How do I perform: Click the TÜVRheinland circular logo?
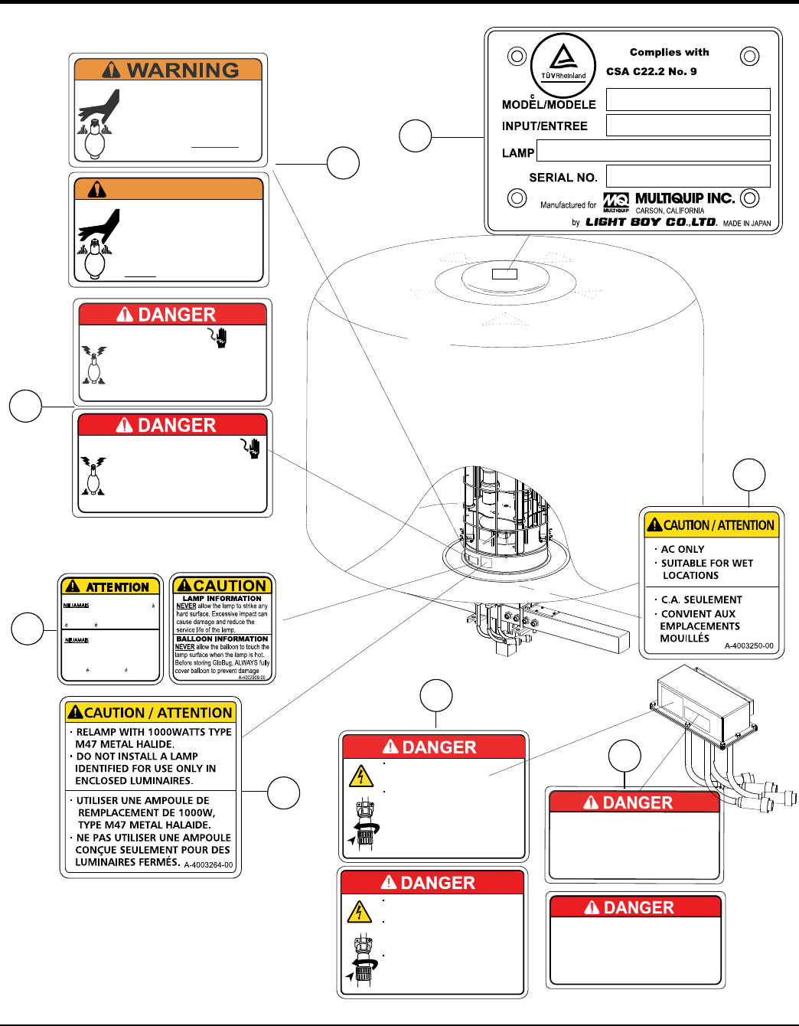point(563,65)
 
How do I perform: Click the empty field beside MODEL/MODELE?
point(687,100)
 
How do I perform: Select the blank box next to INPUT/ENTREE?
point(687,125)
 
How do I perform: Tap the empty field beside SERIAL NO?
point(687,176)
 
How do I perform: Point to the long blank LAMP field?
point(653,151)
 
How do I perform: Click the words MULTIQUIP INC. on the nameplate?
point(684,198)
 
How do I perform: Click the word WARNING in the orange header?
point(183,70)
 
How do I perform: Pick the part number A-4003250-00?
point(748,645)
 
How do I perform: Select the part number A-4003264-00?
point(208,865)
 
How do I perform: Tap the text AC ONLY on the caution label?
point(682,549)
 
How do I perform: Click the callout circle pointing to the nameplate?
point(416,136)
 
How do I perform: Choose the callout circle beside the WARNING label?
point(343,163)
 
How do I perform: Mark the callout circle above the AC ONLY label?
point(748,475)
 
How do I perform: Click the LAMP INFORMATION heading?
point(222,598)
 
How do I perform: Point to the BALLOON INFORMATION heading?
point(222,639)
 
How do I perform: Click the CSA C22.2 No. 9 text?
point(651,71)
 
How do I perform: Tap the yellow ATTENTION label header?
point(111,587)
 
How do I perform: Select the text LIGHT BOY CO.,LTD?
point(651,222)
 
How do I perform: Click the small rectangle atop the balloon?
point(504,274)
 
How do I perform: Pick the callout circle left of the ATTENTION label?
point(28,629)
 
